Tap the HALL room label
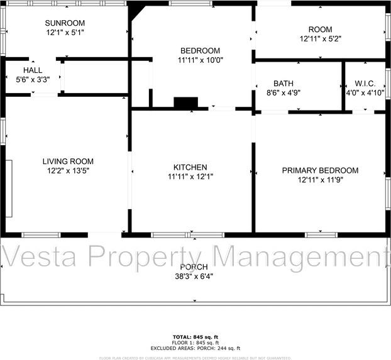pos(33,70)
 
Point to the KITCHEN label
pos(190,167)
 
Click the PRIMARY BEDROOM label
pos(320,170)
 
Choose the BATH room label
pos(283,84)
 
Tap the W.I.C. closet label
pos(365,84)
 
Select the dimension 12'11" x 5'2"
pos(320,39)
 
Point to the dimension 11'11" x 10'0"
pos(200,60)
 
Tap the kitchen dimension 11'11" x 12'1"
pos(190,177)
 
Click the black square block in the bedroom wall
pos(185,103)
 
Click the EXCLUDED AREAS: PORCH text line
pos(195,348)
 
